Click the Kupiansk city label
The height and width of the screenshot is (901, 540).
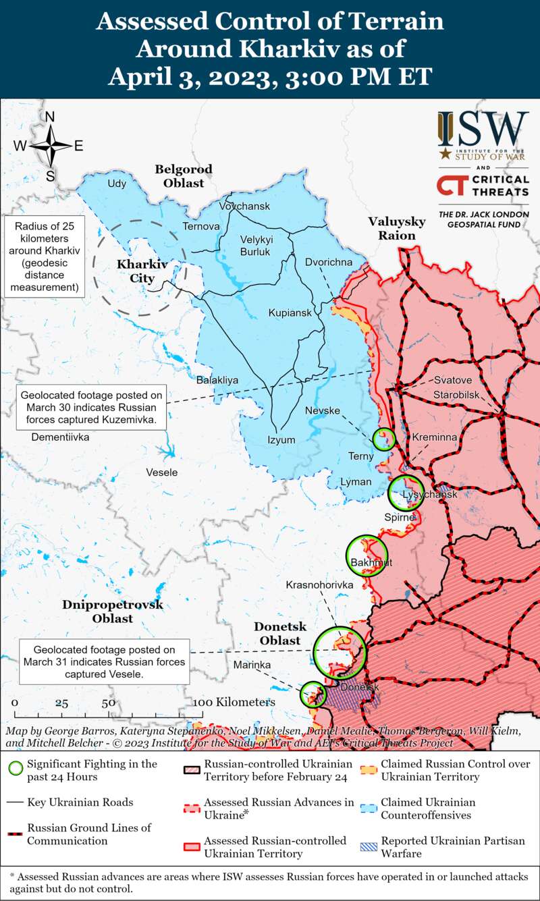290,313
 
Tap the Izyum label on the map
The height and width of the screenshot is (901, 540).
281,440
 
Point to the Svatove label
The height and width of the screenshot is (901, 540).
452,379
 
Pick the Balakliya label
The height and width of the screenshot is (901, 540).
217,381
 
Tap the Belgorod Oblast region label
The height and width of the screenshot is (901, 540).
184,175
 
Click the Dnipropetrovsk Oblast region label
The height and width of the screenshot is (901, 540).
113,611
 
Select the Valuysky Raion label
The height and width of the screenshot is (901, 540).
397,228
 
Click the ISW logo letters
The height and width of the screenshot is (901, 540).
483,129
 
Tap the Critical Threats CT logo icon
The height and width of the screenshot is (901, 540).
451,186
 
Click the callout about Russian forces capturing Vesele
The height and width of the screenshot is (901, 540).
104,659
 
